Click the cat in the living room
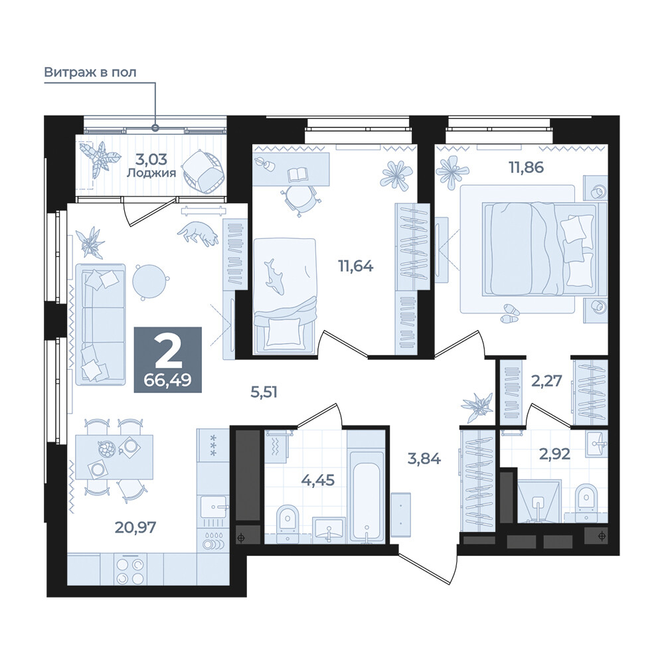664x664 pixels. pos(198,233)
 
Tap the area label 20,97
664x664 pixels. pos(135,527)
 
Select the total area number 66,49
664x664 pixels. pos(168,380)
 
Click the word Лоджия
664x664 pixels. pos(151,173)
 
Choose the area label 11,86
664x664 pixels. pos(527,167)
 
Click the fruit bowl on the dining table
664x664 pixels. pos(107,449)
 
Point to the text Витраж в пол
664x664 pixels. pos(90,72)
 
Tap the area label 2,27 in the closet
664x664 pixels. pos(546,381)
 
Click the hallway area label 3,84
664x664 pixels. pos(424,458)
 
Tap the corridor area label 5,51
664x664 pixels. pos(264,392)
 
